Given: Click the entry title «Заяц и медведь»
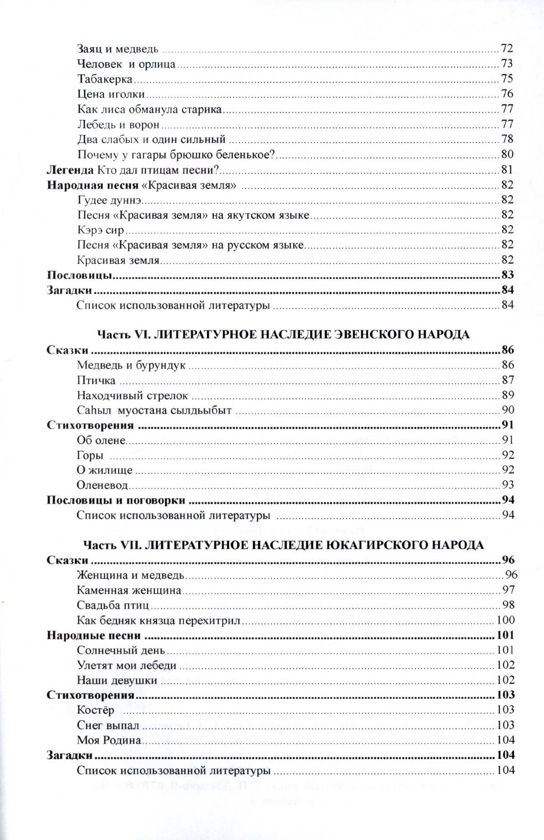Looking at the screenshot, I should click(118, 49).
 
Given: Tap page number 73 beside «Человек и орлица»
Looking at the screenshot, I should click(506, 64).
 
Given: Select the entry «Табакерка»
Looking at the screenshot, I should click(104, 79).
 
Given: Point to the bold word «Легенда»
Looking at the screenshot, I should click(70, 170).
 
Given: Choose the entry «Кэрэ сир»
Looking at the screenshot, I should click(100, 230).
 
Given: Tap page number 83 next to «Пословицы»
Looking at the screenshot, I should click(507, 275).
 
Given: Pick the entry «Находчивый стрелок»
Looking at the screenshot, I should click(133, 395).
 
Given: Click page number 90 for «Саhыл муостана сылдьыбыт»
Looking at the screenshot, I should click(507, 410).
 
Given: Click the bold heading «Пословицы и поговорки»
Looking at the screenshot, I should click(116, 500).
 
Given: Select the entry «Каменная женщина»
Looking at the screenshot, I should click(129, 590).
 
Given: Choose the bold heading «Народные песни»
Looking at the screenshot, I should click(93, 635).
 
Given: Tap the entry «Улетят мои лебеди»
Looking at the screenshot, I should click(126, 665).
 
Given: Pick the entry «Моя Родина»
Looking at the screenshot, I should click(109, 740).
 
